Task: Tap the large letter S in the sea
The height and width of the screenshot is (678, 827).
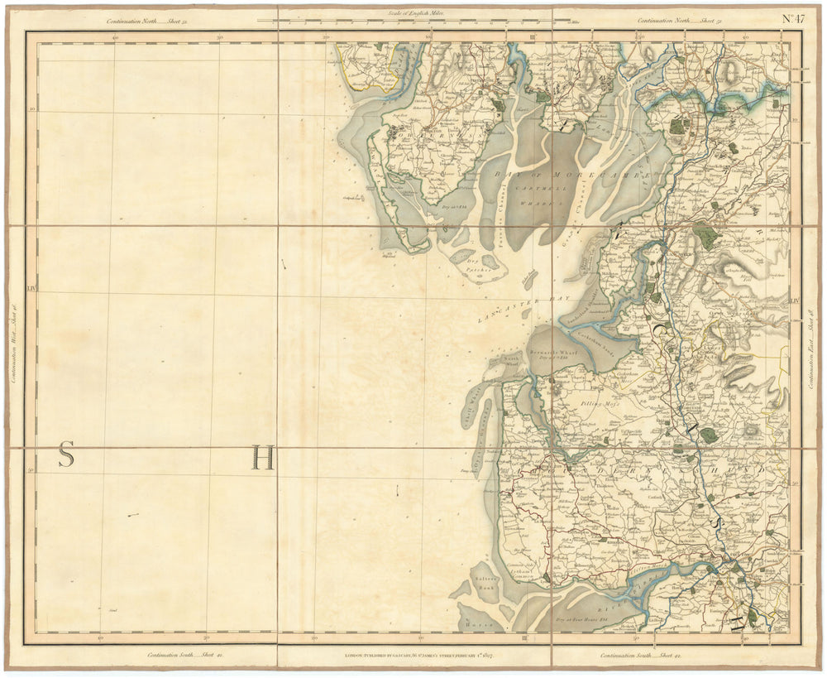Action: (66, 455)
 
